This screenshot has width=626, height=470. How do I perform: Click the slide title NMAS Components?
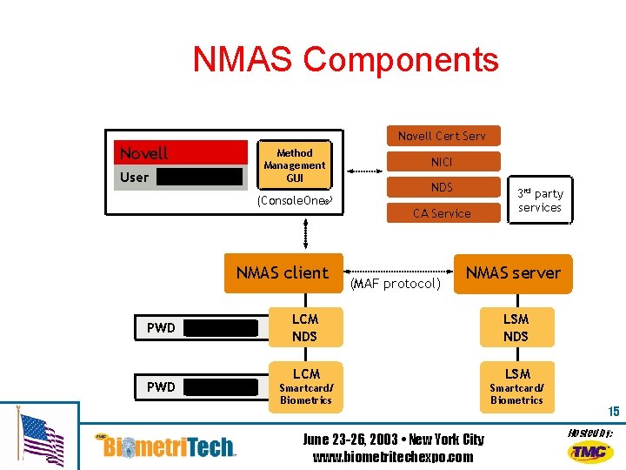(x=345, y=59)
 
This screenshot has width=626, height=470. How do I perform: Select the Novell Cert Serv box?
(x=442, y=135)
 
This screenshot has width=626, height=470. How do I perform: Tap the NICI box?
(x=442, y=161)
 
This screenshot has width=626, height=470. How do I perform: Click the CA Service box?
(x=442, y=213)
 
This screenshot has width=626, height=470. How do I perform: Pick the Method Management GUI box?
(x=295, y=165)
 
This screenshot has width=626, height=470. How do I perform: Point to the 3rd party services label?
(x=540, y=200)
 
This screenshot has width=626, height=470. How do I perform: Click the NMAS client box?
(x=283, y=272)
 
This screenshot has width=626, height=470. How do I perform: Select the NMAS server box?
(x=513, y=272)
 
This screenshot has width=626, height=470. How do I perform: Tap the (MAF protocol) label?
(x=396, y=284)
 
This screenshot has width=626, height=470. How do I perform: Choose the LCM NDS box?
(x=305, y=327)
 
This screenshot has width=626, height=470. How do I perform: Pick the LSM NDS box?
(x=516, y=327)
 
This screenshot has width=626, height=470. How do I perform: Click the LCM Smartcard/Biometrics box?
(x=305, y=386)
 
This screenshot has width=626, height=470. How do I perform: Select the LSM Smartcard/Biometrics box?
(x=516, y=386)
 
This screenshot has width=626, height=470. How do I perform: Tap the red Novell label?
(x=144, y=154)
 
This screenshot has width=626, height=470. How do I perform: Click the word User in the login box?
(x=134, y=177)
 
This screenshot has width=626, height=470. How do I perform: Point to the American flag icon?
(x=42, y=439)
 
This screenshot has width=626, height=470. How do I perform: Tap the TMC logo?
(x=590, y=451)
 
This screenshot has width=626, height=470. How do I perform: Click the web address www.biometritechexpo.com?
(x=393, y=457)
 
